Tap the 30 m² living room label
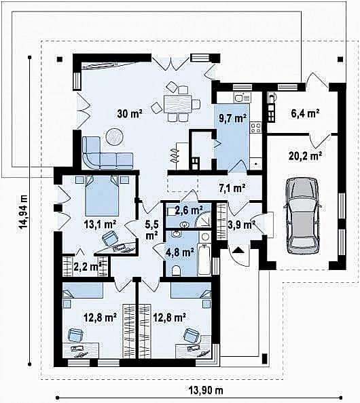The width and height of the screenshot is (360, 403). tap(130, 113)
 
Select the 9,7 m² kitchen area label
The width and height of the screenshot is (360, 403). tap(232, 118)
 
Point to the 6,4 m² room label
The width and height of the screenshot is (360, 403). tap(305, 113)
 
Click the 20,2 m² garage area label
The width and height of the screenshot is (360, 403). tap(306, 156)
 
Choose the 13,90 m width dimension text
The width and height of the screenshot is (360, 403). tap(206, 390)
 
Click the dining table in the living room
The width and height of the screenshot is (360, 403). tap(178, 104)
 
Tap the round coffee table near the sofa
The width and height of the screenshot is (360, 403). tap(115, 136)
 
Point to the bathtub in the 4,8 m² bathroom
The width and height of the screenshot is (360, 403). tap(204, 259)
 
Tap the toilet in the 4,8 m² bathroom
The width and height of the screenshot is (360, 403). tap(176, 271)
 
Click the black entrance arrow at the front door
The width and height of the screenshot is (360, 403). tap(239, 249)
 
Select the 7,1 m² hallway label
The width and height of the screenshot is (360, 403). tap(232, 189)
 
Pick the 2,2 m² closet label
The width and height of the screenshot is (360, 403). tap(87, 267)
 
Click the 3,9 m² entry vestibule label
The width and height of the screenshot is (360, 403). tap(242, 225)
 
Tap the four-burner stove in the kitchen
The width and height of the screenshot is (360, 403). tap(256, 128)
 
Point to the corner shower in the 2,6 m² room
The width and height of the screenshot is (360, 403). tap(202, 220)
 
